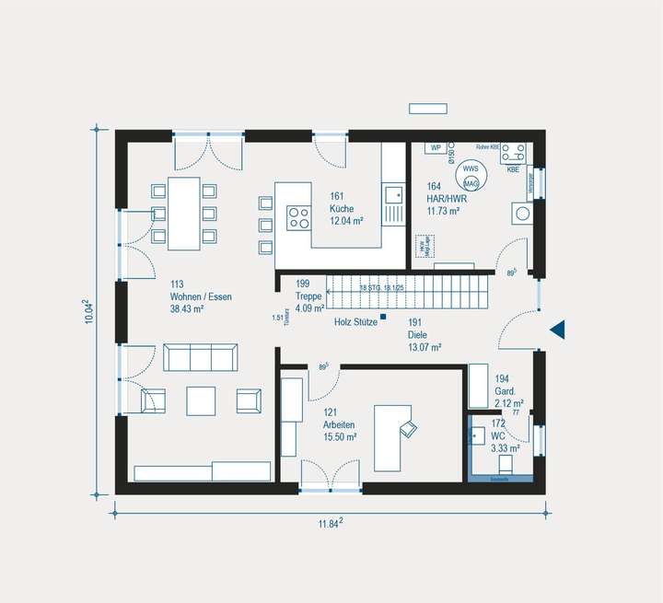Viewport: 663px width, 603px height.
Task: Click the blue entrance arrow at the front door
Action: pyautogui.click(x=556, y=329)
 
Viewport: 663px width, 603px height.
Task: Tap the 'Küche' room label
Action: pyautogui.click(x=342, y=209)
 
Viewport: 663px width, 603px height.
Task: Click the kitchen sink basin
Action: pyautogui.click(x=393, y=194)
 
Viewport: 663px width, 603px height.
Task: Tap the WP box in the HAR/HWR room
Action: pyautogui.click(x=436, y=147)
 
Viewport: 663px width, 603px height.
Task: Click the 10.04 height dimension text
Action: pyautogui.click(x=89, y=311)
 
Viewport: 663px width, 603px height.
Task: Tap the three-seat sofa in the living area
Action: pyautogui.click(x=200, y=356)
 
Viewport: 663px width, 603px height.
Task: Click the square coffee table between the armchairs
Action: pyautogui.click(x=201, y=400)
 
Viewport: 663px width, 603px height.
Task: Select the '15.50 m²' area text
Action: pyautogui.click(x=341, y=437)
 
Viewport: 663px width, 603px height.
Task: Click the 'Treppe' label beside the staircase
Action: pyautogui.click(x=308, y=296)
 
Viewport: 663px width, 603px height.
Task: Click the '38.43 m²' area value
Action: pyautogui.click(x=186, y=309)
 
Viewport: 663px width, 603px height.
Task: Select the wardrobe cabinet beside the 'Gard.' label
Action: pyautogui.click(x=479, y=386)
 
